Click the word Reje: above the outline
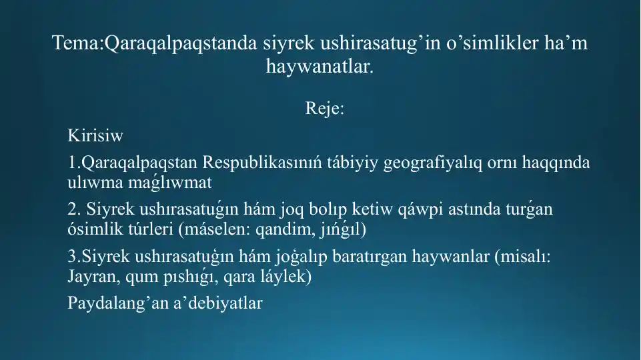click(x=325, y=108)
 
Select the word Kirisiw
click(x=95, y=137)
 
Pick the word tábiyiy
click(x=354, y=163)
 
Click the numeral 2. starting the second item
click(x=73, y=210)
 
